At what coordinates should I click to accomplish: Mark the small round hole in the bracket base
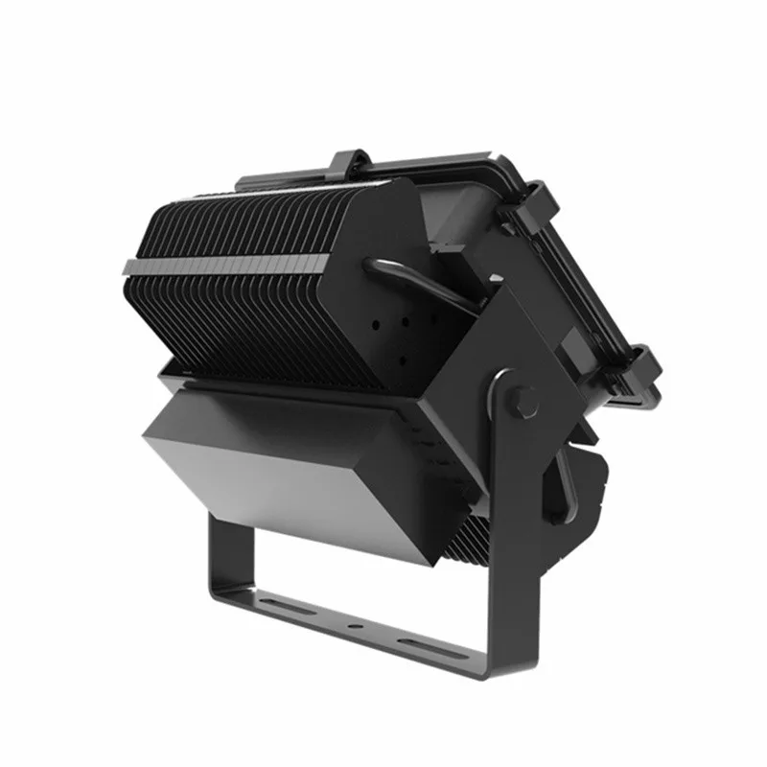coord(358,625)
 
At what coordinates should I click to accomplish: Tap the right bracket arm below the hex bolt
coord(508,537)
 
